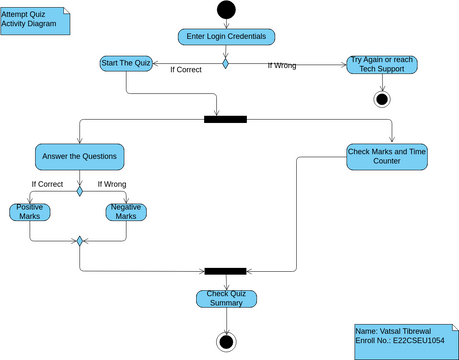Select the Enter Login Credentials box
point(226,37)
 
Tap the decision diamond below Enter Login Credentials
point(226,64)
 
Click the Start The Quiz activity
point(126,64)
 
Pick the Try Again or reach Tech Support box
point(381,65)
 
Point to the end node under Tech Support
point(381,98)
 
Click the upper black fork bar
point(225,120)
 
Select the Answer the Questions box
point(79,156)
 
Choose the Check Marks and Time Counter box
point(386,155)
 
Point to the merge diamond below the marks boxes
point(79,241)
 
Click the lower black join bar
point(225,270)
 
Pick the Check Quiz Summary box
point(226,298)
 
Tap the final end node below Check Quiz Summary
point(226,341)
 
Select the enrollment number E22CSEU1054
point(404,341)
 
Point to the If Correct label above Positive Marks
point(47,184)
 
